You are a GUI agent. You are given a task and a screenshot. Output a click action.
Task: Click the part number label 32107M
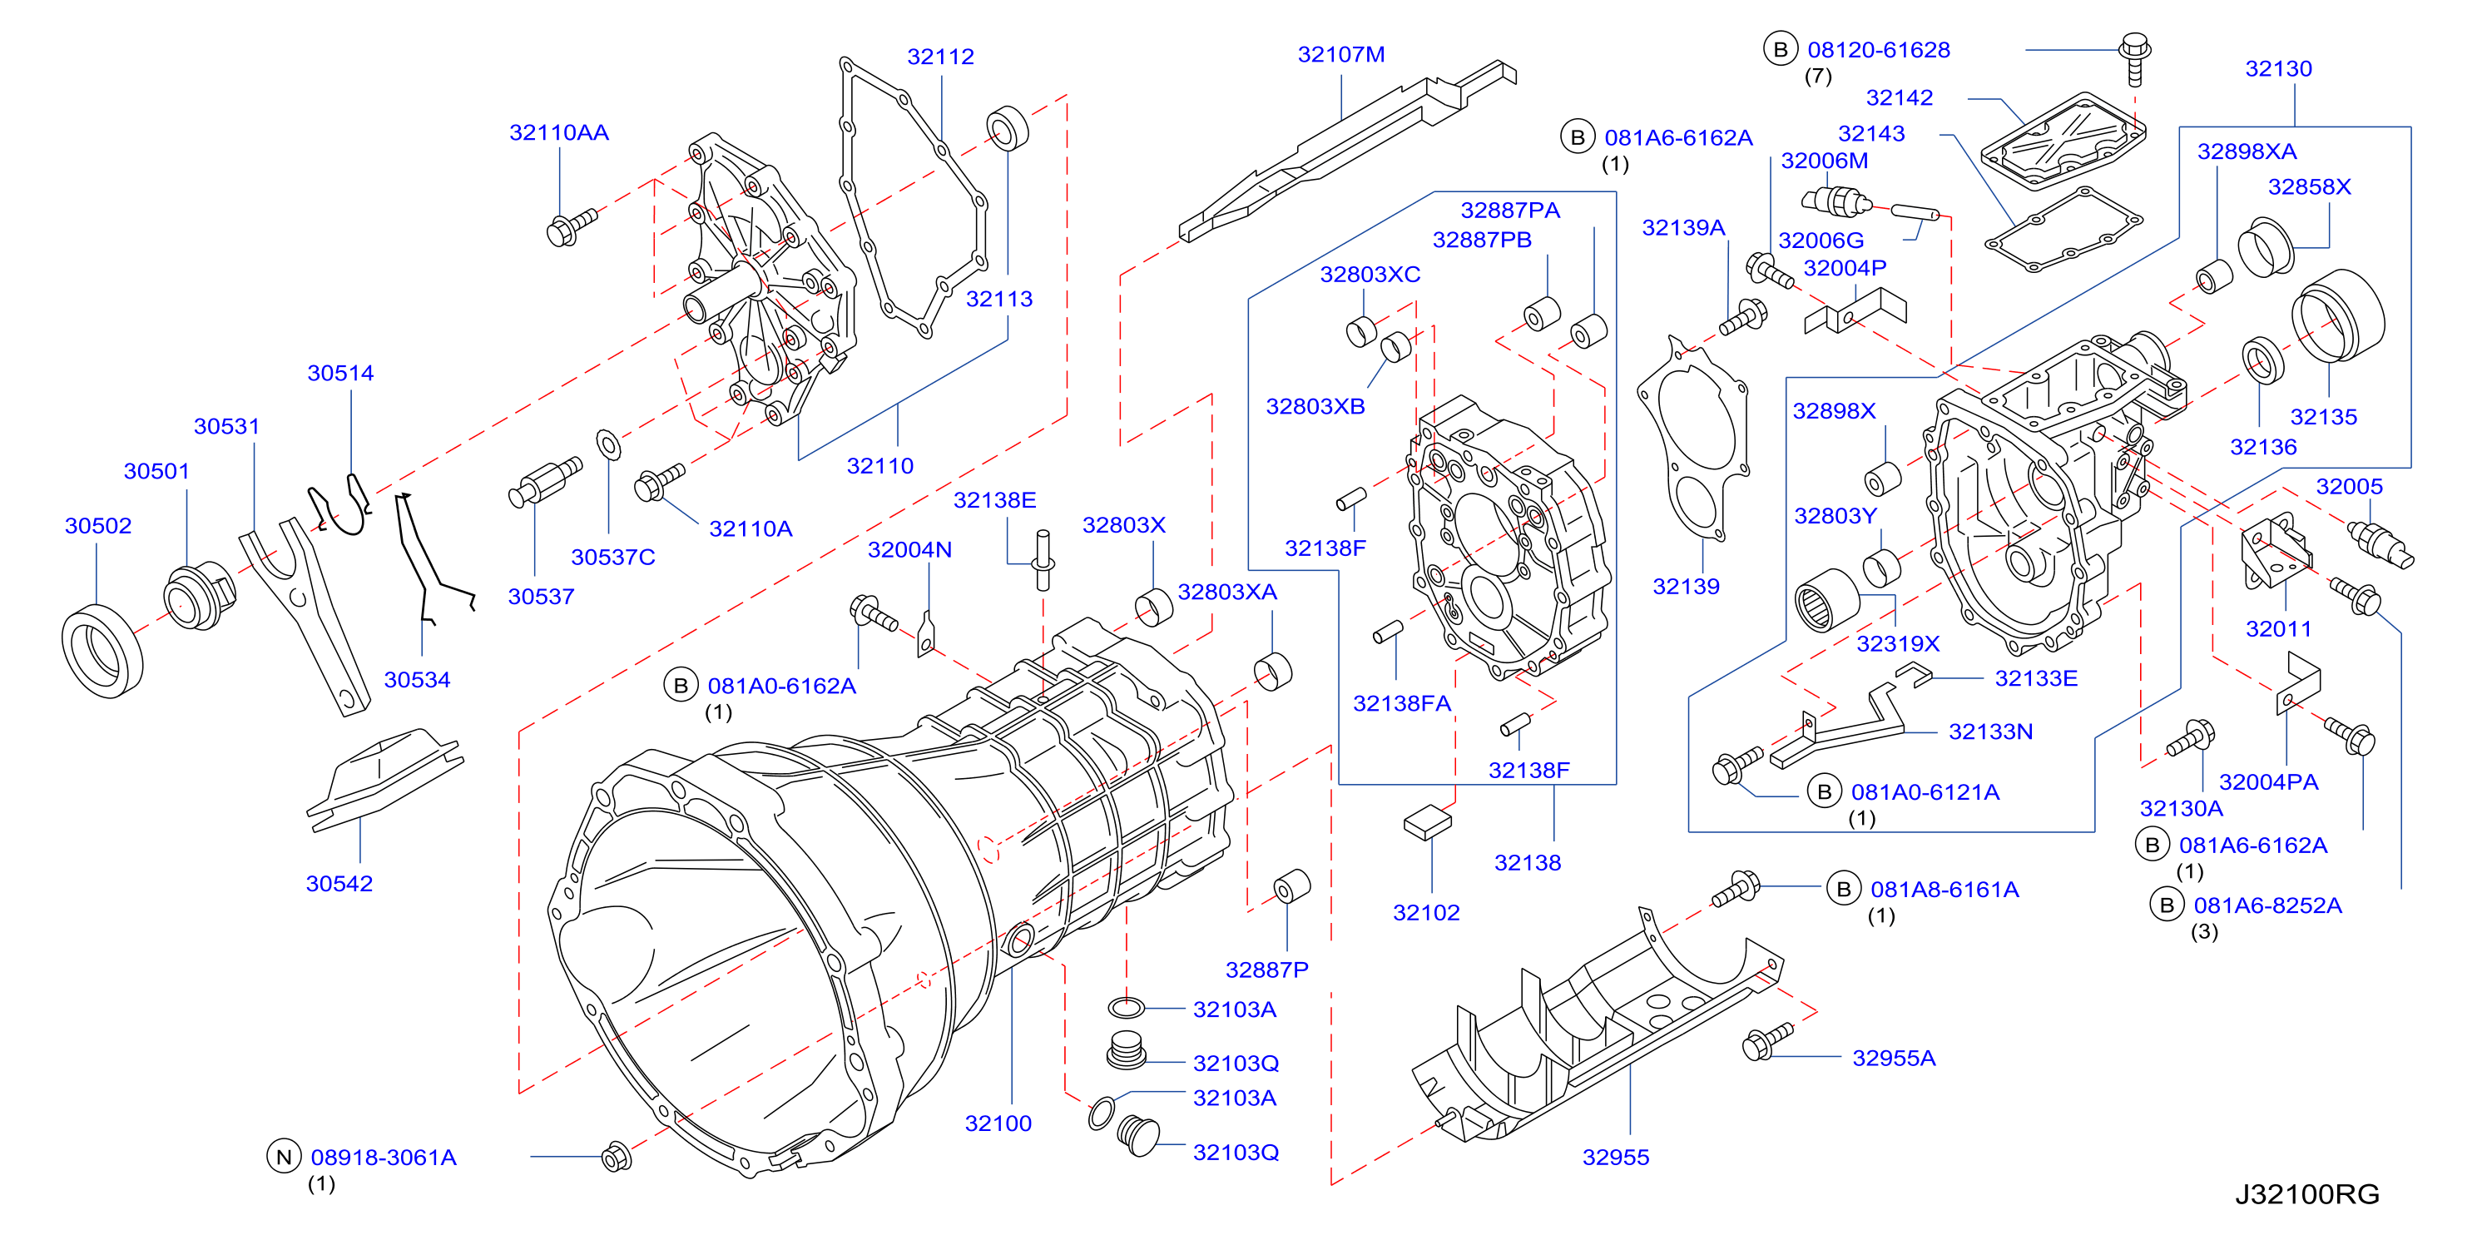(x=1340, y=55)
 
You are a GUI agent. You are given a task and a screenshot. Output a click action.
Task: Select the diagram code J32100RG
(x=2306, y=1194)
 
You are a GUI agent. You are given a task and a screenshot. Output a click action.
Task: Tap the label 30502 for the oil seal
(x=97, y=526)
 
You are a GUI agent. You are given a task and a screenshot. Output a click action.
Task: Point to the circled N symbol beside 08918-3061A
(x=283, y=1157)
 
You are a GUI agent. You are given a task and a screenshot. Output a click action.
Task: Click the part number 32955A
(x=1893, y=1059)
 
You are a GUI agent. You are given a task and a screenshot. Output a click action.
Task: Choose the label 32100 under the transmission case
(x=998, y=1124)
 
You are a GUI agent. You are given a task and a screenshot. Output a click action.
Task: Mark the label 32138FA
(x=1401, y=704)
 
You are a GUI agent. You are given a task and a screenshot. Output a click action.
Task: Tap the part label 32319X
(x=1897, y=644)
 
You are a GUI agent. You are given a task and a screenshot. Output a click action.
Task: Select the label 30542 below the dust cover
(x=339, y=884)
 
